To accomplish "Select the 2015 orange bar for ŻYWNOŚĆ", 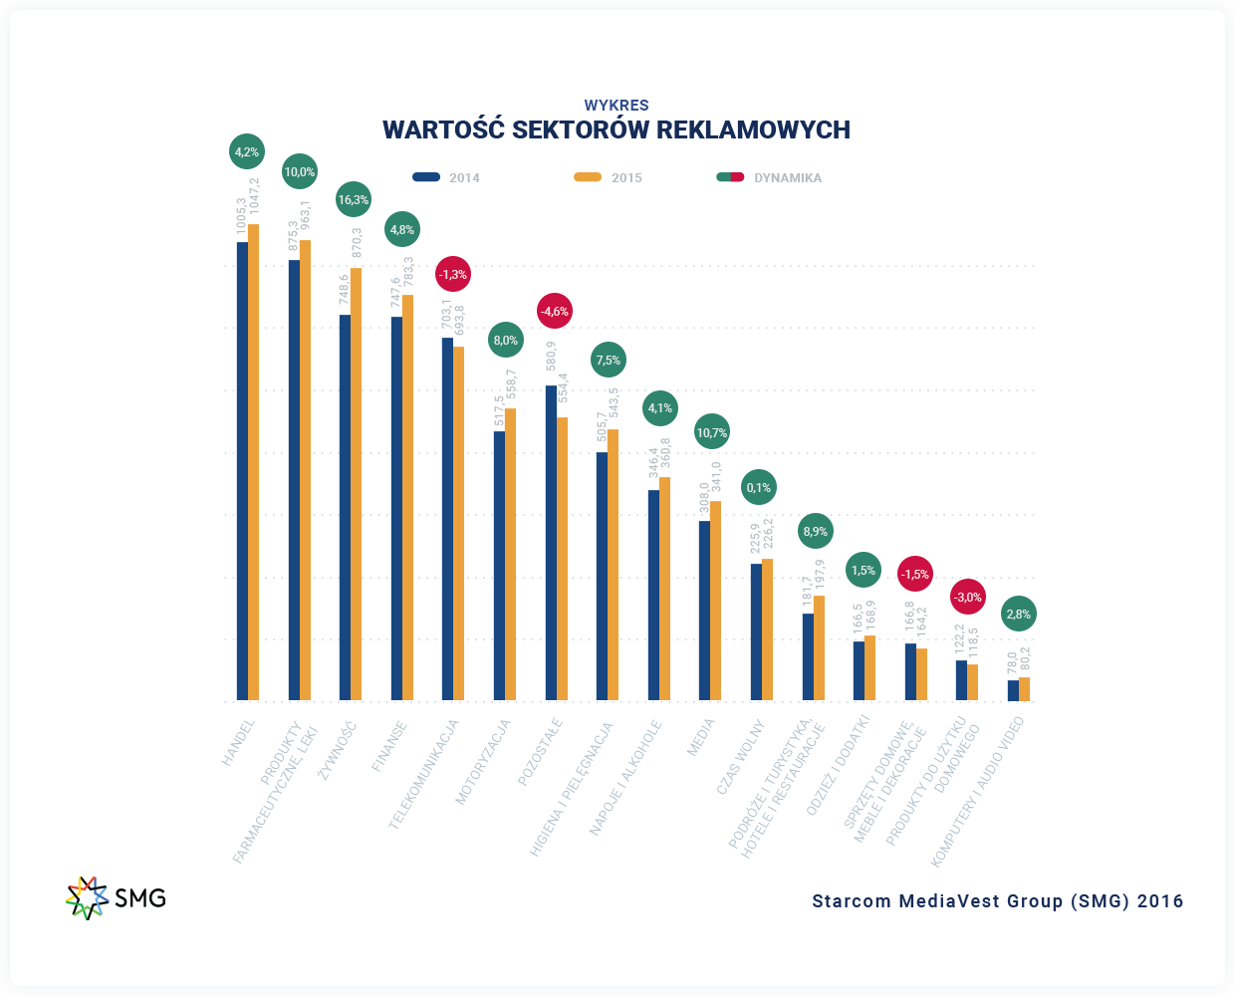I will pyautogui.click(x=356, y=484).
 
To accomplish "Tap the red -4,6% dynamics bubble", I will pyautogui.click(x=554, y=311).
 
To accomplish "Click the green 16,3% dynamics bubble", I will pyautogui.click(x=353, y=200).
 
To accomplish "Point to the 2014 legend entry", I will pyautogui.click(x=446, y=177).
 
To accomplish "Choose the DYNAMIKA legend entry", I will pyautogui.click(x=770, y=177).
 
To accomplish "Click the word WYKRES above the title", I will pyautogui.click(x=617, y=105).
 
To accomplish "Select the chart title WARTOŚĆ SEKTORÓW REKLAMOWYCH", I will pyautogui.click(x=617, y=129).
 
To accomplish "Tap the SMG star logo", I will pyautogui.click(x=87, y=897).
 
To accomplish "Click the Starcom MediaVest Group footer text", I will pyautogui.click(x=998, y=901).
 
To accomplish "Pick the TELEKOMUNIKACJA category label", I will pyautogui.click(x=424, y=774).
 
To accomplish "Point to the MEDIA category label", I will pyautogui.click(x=701, y=737).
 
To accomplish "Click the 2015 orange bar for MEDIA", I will pyautogui.click(x=715, y=601).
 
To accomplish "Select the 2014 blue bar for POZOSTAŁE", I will pyautogui.click(x=551, y=543).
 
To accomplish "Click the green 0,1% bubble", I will pyautogui.click(x=759, y=487).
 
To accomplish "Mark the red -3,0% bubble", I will pyautogui.click(x=967, y=598).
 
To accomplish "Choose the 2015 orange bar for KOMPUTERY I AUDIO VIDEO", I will pyautogui.click(x=1024, y=689).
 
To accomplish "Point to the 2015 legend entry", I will pyautogui.click(x=609, y=177).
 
